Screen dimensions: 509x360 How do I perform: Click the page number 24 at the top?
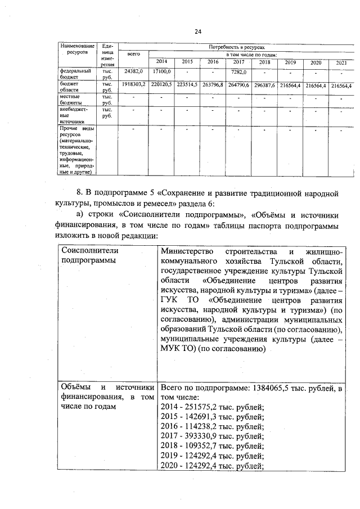[x=197, y=31]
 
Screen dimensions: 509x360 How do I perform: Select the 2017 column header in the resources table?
[x=238, y=62]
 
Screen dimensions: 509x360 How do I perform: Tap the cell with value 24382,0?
[x=134, y=72]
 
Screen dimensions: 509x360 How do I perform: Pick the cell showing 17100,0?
[x=161, y=72]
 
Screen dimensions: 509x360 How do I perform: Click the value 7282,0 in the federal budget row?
[x=238, y=72]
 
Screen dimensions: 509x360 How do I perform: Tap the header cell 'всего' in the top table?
[x=134, y=55]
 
